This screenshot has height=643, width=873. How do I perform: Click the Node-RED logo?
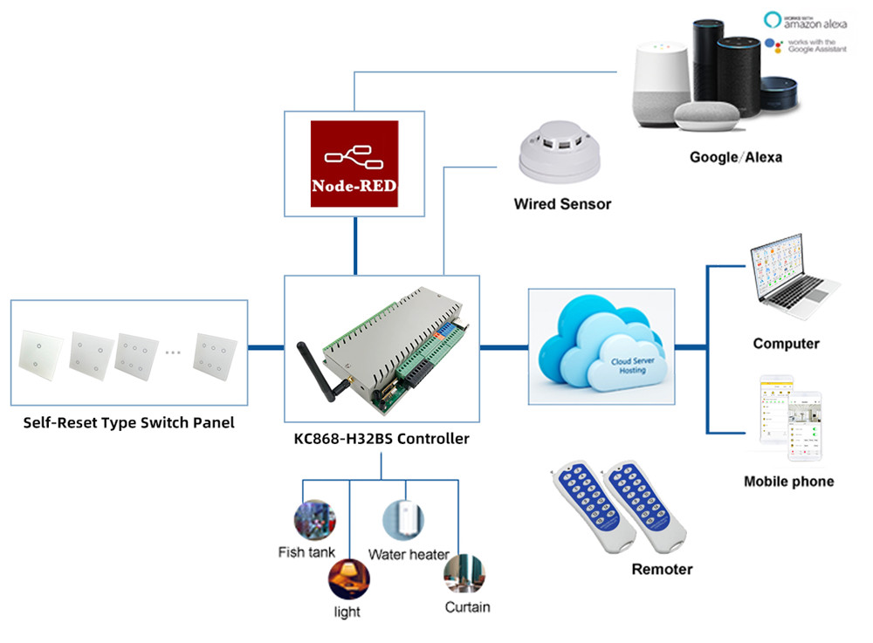(354, 164)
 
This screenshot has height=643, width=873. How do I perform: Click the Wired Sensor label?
(562, 204)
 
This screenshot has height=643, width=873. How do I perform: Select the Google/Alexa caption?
(735, 158)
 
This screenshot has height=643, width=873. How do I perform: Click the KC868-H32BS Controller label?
(382, 439)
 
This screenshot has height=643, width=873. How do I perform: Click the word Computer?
(786, 344)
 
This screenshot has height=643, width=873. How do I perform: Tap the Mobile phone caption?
(788, 482)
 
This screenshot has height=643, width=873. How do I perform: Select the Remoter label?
(662, 570)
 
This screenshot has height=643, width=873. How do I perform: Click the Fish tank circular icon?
(311, 519)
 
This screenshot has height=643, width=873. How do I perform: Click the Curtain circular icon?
(464, 573)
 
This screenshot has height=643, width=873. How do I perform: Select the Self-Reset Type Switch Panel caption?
(129, 424)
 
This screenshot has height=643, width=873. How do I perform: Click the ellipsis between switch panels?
(173, 352)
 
